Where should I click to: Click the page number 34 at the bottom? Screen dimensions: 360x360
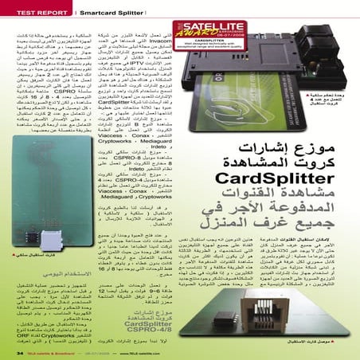tap(19, 351)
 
